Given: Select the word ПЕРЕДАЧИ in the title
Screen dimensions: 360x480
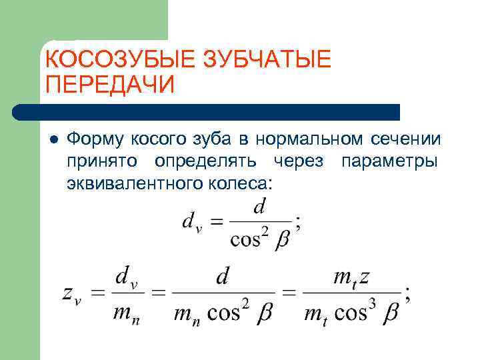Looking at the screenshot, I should tap(110, 86).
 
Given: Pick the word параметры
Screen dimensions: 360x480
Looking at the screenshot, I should tap(389, 161).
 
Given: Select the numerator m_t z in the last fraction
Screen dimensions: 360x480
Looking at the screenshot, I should tap(353, 275).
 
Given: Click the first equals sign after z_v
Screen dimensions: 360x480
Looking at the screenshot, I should tap(97, 293).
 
